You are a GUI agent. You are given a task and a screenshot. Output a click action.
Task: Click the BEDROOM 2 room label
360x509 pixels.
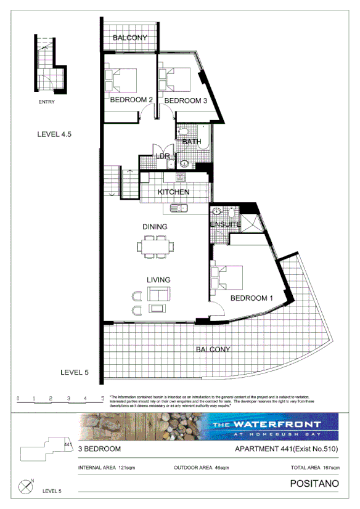coord(131,100)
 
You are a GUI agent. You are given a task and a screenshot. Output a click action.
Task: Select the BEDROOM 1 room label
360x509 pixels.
coord(252,298)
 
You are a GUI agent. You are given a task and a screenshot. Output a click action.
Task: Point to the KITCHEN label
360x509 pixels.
coord(173,192)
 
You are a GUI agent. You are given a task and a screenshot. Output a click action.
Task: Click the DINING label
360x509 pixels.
coord(155,227)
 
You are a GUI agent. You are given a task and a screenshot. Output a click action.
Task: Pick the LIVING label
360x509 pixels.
coord(158,280)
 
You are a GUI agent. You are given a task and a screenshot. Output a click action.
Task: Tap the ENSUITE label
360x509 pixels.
coord(225,224)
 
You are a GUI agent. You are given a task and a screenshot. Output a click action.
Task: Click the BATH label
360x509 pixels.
coord(192,142)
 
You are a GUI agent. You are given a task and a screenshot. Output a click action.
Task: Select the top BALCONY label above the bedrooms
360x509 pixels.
coord(130,38)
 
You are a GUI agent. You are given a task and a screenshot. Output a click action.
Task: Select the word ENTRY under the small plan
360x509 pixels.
coord(46,102)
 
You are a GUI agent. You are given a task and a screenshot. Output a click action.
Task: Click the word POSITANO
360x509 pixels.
coord(314,484)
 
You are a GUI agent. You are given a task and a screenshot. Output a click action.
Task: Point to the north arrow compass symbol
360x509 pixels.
coord(26,487)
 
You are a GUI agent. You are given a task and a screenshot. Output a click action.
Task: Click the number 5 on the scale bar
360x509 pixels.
coord(102,399)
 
